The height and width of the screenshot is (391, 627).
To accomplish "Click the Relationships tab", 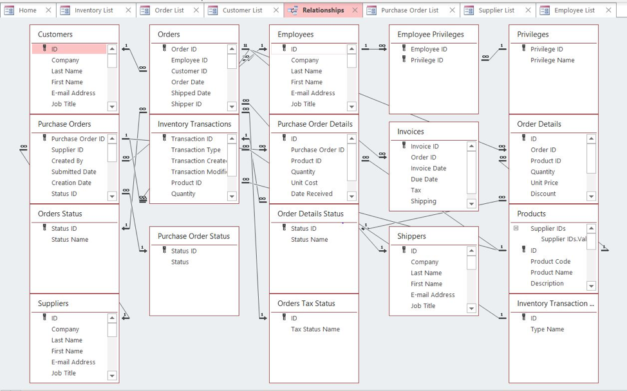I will point(323,10).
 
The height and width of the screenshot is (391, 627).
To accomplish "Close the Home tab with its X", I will point(48,10).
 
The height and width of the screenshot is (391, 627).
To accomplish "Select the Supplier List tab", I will point(496,10).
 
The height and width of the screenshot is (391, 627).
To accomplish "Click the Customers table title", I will point(55,34).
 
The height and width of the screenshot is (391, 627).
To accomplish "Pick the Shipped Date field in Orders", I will point(191,93).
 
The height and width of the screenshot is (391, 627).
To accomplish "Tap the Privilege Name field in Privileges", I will point(552,60).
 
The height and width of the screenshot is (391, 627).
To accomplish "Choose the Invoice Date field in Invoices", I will point(428,168).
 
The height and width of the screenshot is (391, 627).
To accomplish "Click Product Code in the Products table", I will point(550,262).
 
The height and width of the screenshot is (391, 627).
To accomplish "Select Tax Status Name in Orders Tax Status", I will point(315,329).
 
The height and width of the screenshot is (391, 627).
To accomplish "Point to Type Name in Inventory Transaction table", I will point(547,329).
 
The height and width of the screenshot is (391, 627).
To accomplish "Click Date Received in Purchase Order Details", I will point(312,194).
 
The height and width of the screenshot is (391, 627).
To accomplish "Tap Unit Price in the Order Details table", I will point(544,183).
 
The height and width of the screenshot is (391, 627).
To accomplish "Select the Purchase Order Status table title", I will point(194,236).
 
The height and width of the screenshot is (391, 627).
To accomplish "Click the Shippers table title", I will point(411,236).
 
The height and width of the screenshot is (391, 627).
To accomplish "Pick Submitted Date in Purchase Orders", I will point(74,172).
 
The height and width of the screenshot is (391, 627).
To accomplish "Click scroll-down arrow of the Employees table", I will point(351,106).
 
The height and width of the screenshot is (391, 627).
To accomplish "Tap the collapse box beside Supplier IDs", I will point(516,228).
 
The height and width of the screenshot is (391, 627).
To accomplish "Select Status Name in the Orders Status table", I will point(70,240).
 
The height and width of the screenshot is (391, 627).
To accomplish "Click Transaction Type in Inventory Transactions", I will point(196,150).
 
